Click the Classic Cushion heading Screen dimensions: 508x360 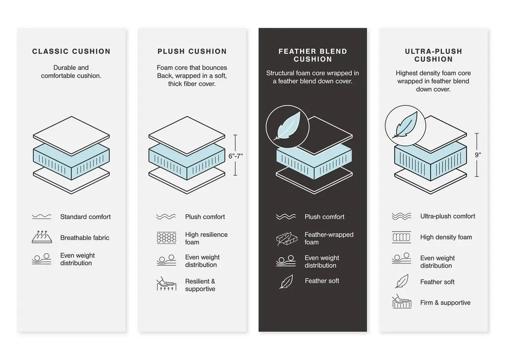coord(71,51)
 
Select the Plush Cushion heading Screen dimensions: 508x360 coord(192,51)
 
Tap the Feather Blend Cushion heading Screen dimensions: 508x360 coord(313,55)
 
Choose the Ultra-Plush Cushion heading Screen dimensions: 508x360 coord(434,55)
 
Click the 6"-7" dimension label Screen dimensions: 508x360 coord(236,156)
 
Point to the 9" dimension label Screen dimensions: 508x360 coord(478,155)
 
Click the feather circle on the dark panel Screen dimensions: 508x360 coord(287,127)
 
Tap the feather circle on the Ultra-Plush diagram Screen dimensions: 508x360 coord(405,125)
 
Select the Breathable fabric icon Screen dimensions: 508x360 coord(42,237)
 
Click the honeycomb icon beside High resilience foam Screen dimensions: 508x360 coord(167,238)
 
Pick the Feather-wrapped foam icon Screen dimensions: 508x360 coord(286,239)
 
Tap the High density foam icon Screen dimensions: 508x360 coord(401,238)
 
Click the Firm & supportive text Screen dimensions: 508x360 coord(445,302)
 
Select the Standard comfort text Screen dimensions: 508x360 coord(85,217)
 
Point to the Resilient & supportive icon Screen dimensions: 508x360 coord(167,284)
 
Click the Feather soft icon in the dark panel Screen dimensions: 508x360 coord(286,282)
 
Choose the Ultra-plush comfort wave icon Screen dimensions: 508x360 coord(401,216)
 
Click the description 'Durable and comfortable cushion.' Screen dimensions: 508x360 coord(71,71)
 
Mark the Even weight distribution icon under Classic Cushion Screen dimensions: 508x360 coord(42,259)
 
